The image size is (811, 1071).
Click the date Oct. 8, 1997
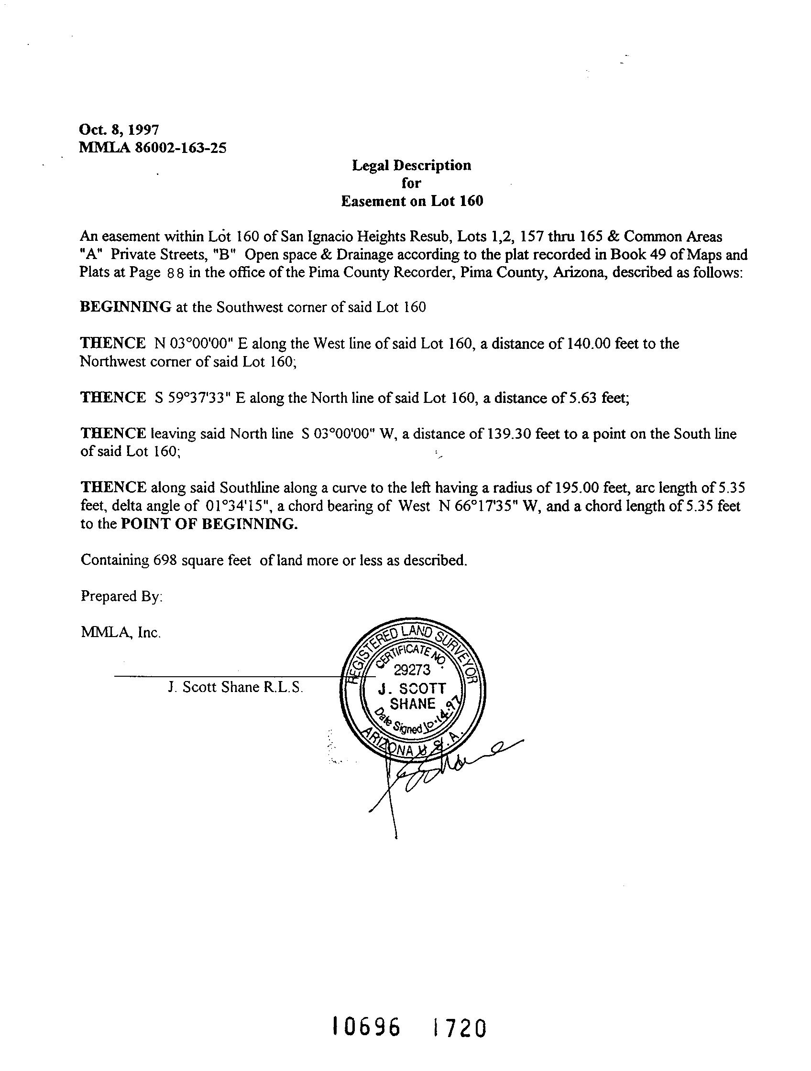119,130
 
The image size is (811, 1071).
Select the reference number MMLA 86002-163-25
153,148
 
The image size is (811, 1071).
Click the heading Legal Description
411,165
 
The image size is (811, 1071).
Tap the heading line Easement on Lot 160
412,201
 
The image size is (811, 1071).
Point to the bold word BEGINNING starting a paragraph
125,307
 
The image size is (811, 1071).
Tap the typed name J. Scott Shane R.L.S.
235,688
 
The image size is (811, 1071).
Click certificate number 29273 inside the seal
412,670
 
